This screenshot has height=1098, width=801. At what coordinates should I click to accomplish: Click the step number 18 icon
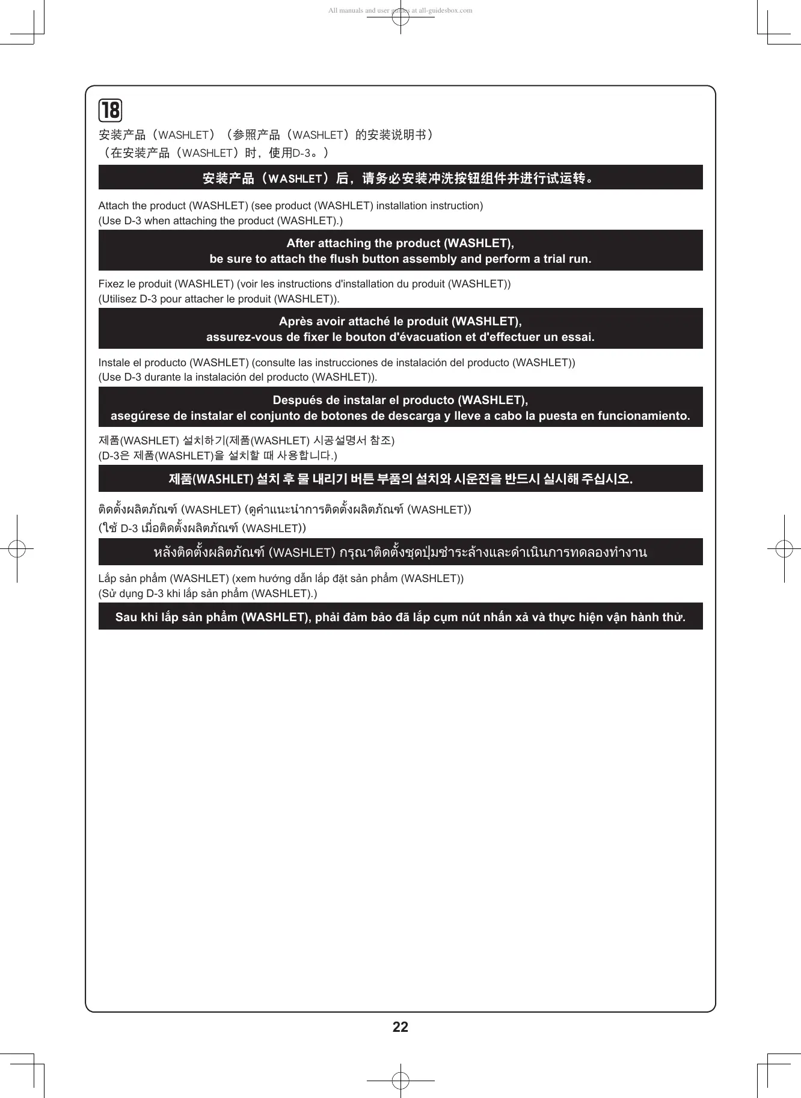point(110,111)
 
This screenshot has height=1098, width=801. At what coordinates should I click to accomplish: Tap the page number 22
point(400,1027)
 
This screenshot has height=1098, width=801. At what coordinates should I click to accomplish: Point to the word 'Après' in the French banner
point(295,322)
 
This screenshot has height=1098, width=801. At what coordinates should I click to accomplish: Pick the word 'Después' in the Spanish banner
point(295,400)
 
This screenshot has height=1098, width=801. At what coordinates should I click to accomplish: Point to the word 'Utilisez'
point(117,299)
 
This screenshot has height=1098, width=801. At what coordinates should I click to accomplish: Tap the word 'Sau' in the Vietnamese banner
point(126,618)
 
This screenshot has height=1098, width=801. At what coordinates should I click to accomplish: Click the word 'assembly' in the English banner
point(425,259)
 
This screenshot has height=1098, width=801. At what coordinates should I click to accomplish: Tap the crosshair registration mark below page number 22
point(400,1081)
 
